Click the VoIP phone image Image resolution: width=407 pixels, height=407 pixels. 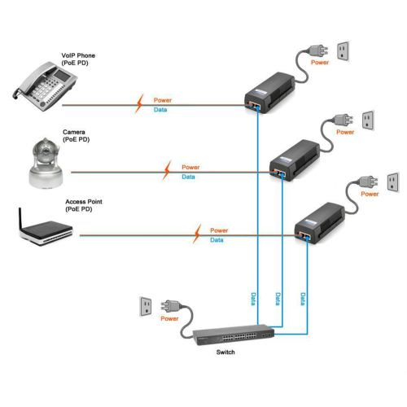pos(45,86)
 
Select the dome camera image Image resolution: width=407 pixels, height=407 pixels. pos(46,164)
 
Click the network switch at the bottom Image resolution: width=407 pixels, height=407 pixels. pos(234,335)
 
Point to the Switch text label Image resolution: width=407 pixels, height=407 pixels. pos(225,352)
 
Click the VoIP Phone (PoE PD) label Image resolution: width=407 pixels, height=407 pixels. pos(78,59)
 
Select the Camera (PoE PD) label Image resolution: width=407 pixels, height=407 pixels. pos(76,136)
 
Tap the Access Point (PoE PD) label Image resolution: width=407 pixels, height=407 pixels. pos(84,205)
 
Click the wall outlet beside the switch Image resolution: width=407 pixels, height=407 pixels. pos(146,307)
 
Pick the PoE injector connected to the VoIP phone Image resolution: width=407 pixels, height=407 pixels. pos(270,93)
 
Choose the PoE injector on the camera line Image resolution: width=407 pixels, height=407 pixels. pos(295,160)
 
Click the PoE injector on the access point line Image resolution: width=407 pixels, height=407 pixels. pos(320,223)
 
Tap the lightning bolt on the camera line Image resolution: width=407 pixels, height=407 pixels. pos(167,170)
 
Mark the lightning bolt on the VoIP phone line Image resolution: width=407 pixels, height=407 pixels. pos(139,103)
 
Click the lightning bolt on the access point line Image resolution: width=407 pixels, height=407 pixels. pos(197,234)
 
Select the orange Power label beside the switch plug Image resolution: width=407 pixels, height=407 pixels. pos(169,318)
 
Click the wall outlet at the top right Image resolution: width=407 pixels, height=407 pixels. pos(343,51)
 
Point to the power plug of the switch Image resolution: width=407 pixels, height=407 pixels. pos(170,306)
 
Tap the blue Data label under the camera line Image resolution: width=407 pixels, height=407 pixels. pos(188,177)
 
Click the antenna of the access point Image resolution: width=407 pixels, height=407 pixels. pos(20,219)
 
